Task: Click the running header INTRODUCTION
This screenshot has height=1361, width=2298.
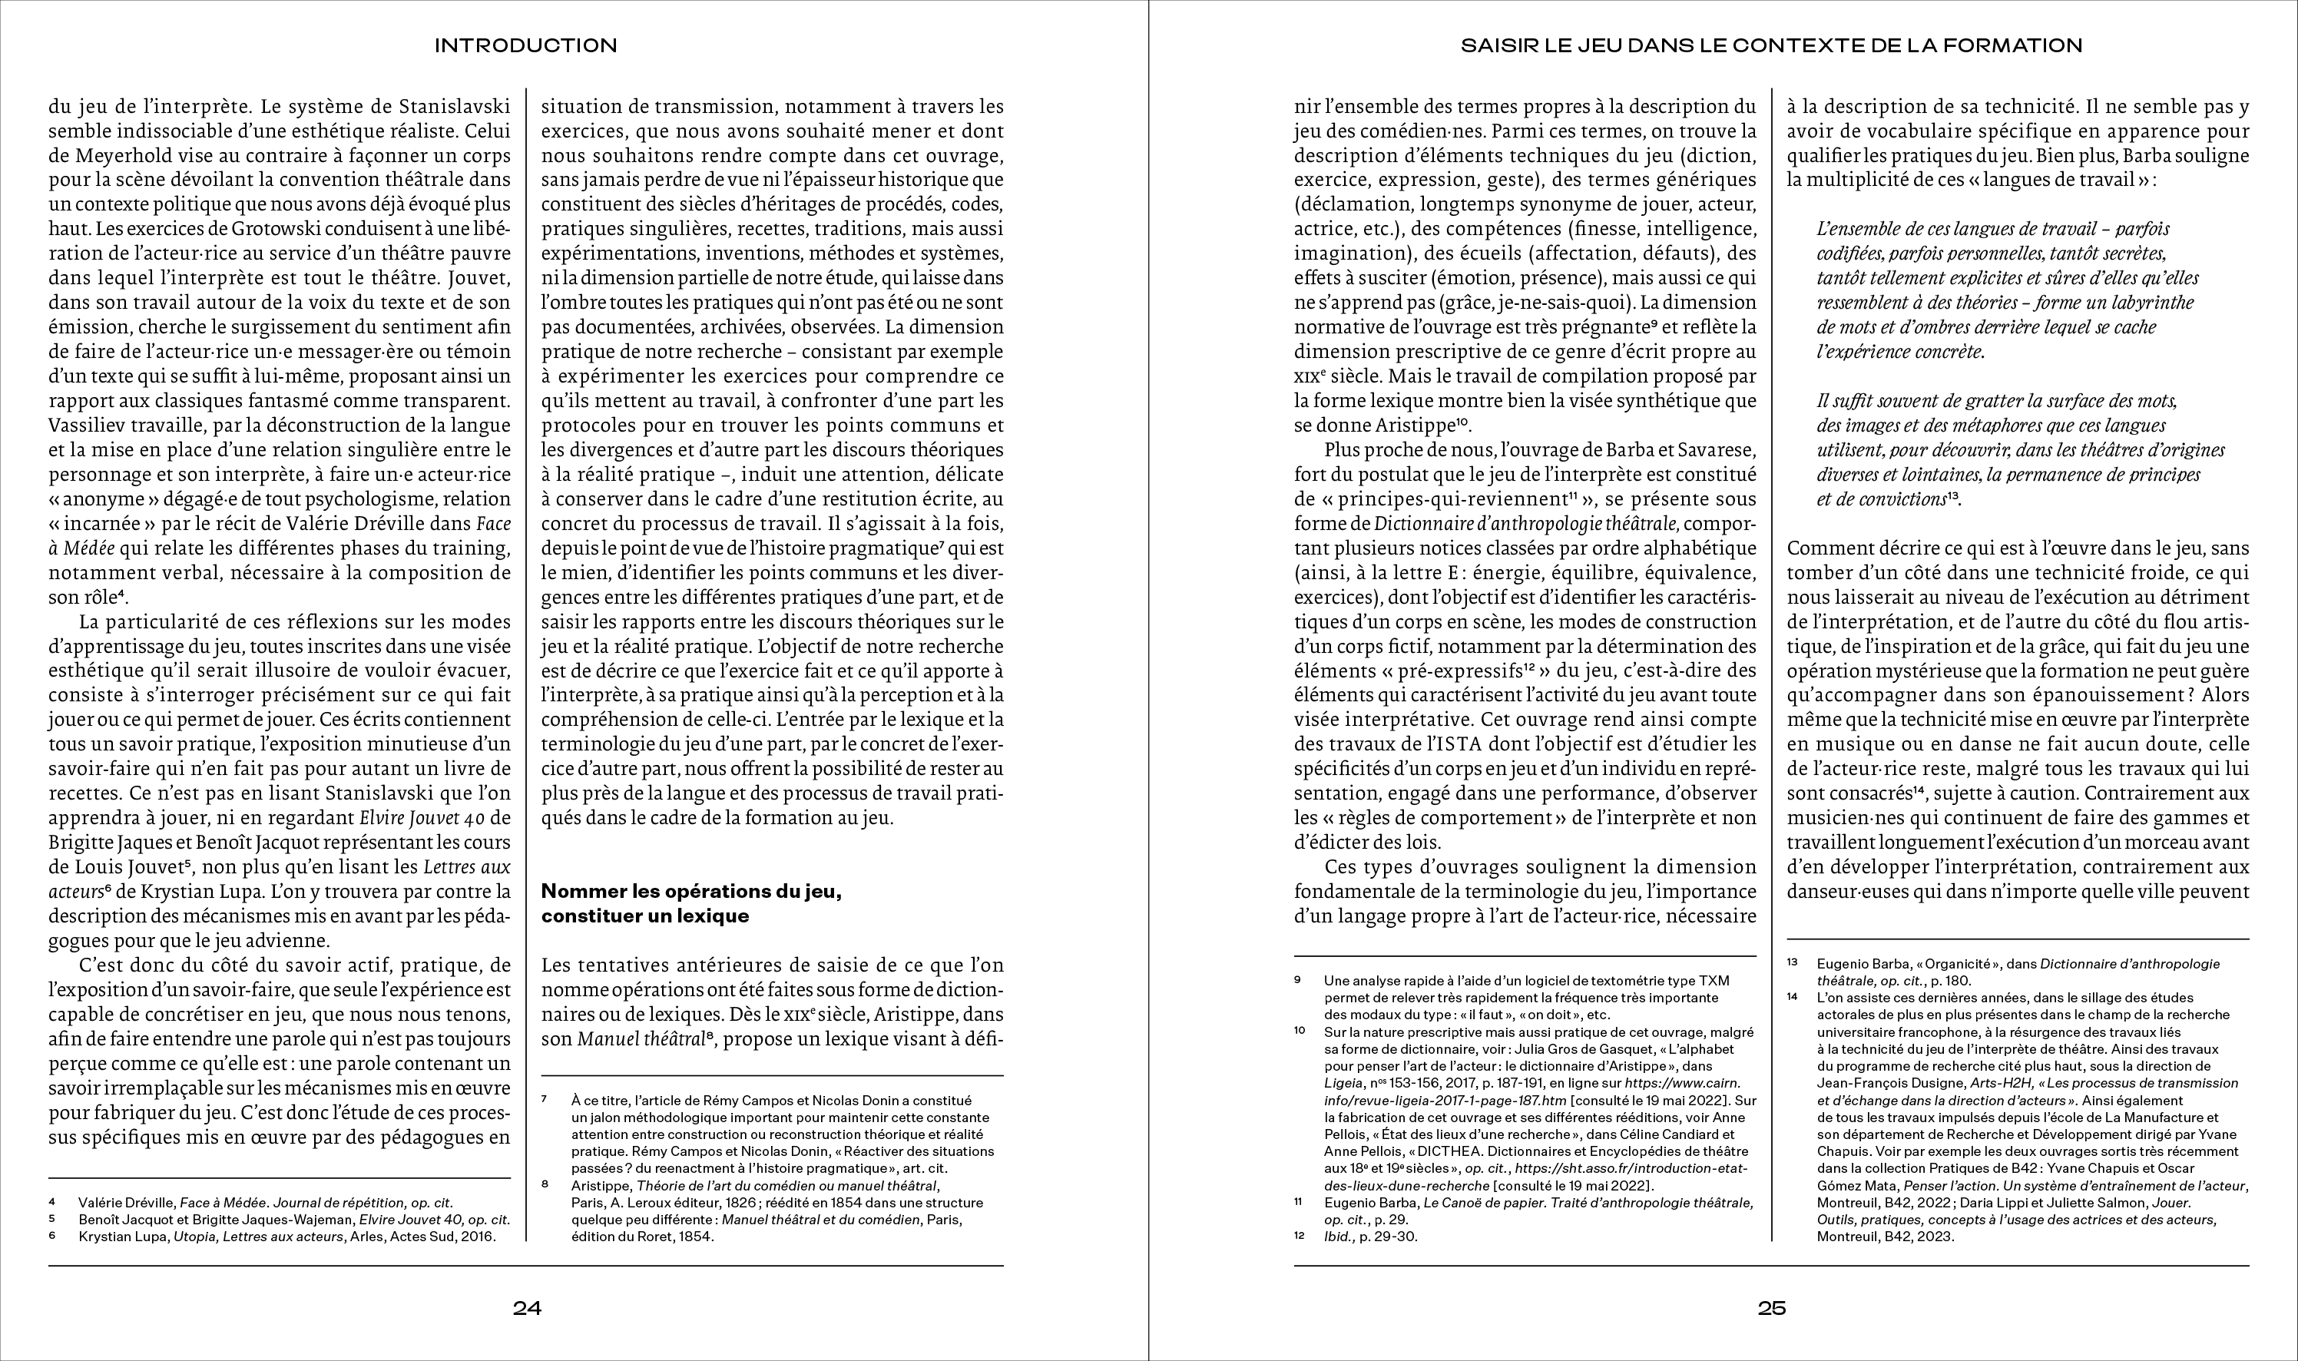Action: (525, 45)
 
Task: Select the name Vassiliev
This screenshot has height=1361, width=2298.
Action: (89, 426)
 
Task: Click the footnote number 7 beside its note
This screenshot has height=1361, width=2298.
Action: (545, 1098)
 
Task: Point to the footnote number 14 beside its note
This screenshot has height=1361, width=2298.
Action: (1793, 997)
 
